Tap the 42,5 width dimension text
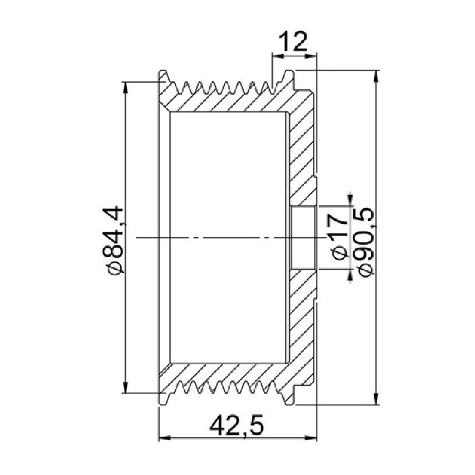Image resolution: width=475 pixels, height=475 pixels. click(237, 425)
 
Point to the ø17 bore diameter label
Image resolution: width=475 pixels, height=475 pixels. click(340, 235)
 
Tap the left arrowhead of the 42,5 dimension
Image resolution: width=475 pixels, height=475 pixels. click(165, 438)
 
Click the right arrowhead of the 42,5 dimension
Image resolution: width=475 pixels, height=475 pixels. click(311, 438)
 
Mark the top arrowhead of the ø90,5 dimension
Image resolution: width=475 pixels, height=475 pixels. click(377, 76)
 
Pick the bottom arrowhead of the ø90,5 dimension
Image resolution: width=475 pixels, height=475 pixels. click(377, 398)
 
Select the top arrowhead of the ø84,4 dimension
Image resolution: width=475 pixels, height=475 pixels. click(125, 87)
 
